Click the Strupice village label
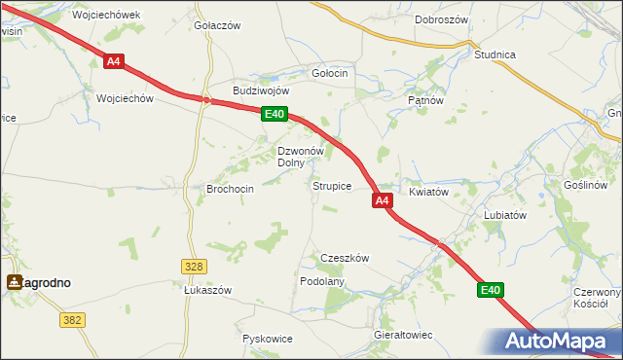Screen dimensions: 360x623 (331, 186)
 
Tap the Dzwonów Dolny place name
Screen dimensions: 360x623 (300, 157)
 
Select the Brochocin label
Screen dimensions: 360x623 (231, 189)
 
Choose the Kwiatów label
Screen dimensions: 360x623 (428, 193)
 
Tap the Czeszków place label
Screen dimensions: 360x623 (345, 258)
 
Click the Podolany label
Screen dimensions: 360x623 (322, 281)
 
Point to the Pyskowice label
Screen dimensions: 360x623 (268, 340)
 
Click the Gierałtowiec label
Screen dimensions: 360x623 (403, 335)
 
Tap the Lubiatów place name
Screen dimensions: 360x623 (505, 215)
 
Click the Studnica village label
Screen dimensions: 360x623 (495, 54)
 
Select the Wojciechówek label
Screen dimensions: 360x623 (107, 16)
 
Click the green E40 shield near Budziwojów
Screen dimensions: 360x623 (275, 115)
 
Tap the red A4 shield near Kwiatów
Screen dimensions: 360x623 (382, 200)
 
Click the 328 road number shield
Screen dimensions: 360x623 (194, 266)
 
